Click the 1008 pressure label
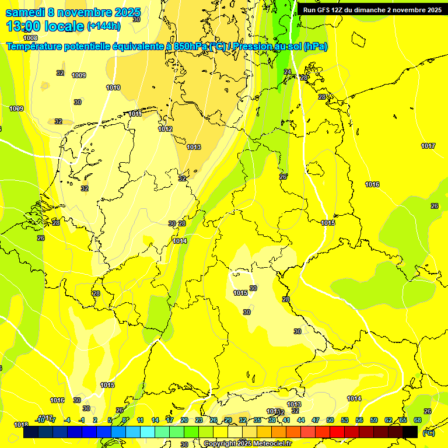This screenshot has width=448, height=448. coord(30,38)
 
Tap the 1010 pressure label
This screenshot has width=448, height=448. coord(113,88)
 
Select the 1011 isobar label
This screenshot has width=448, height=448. coord(135,114)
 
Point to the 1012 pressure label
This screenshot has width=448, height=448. coord(165,129)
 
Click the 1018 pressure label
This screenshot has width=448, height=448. coord(21,425)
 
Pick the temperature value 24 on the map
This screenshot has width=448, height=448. coord(287,72)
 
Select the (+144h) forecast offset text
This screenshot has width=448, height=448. coord(103,26)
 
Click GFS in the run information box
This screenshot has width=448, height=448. coord(325,10)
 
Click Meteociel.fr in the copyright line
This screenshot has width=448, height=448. coord(272,444)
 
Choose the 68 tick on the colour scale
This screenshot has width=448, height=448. coord(417,420)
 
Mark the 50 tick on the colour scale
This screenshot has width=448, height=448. coord(330,420)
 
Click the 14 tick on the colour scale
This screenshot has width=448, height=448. coord(155,420)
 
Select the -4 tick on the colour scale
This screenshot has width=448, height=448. coord(67,420)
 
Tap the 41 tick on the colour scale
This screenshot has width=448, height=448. coord(286,420)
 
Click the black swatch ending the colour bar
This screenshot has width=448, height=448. coord(410,432)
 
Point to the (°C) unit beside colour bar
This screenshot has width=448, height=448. coord(428,432)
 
